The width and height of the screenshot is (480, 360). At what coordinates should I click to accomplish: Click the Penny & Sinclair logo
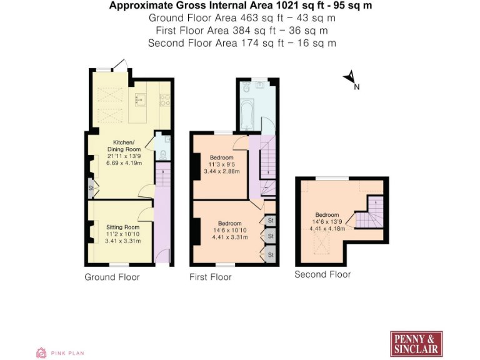pyautogui.click(x=416, y=344)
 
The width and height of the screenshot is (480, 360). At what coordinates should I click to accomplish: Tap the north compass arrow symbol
pyautogui.click(x=349, y=78)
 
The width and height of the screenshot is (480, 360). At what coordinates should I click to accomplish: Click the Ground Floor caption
pyautogui.click(x=112, y=277)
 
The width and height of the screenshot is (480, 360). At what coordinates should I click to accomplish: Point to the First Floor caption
pyautogui.click(x=210, y=277)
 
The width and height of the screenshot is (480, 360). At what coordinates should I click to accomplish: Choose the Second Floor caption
pyautogui.click(x=322, y=274)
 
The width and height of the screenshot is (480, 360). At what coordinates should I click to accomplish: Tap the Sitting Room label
pyautogui.click(x=122, y=227)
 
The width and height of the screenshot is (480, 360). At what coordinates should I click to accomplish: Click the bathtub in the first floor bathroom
pyautogui.click(x=244, y=115)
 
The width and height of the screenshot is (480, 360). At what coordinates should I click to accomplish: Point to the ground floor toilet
pyautogui.click(x=161, y=154)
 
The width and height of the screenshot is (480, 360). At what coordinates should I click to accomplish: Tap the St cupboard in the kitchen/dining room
pyautogui.click(x=91, y=188)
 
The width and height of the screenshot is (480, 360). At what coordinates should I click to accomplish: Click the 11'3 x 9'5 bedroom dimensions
pyautogui.click(x=222, y=164)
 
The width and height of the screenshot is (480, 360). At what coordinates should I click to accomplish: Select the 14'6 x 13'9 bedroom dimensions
pyautogui.click(x=327, y=221)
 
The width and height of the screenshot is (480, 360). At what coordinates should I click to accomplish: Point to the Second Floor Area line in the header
pyautogui.click(x=242, y=43)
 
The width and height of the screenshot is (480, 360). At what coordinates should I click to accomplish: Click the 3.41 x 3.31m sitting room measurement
pyautogui.click(x=123, y=241)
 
